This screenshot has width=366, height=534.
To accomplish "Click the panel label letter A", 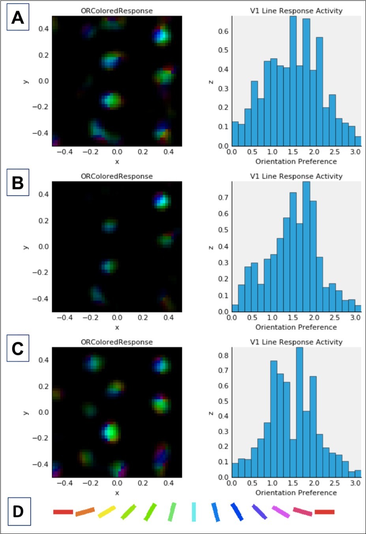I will click(x=18, y=17).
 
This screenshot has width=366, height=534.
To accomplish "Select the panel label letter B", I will click(x=18, y=183).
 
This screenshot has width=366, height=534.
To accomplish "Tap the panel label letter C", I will click(x=18, y=349).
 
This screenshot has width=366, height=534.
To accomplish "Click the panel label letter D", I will click(x=19, y=512).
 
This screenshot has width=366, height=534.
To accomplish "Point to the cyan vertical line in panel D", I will click(x=194, y=512).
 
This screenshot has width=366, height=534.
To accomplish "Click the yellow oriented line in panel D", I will click(x=107, y=512).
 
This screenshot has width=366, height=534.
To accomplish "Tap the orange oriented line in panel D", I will click(x=85, y=512).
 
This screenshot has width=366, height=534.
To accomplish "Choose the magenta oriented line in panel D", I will click(x=281, y=512).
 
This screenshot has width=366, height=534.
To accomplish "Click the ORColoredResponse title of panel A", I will click(x=116, y=11).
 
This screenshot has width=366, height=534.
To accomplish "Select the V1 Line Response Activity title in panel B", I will click(x=296, y=176).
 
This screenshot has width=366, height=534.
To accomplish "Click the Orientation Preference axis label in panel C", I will click(x=296, y=493).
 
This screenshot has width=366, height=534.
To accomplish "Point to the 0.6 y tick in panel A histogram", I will click(x=223, y=31).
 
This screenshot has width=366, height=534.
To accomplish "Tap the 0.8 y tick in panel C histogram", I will click(x=223, y=355).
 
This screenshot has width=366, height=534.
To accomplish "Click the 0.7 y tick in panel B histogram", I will click(x=223, y=197).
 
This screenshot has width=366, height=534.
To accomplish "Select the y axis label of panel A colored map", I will click(x=26, y=81).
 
